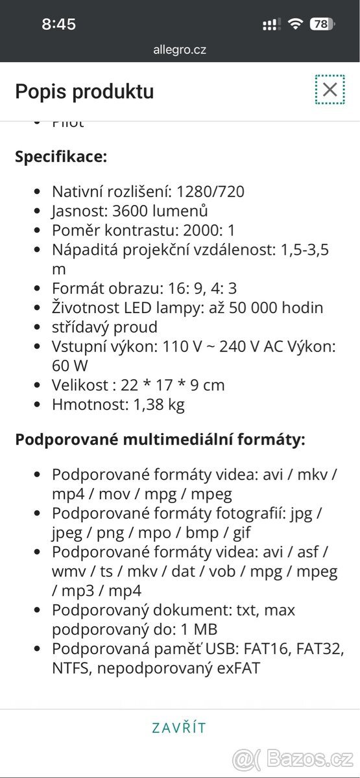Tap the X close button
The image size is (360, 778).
(330, 89)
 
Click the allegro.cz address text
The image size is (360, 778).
(180, 49)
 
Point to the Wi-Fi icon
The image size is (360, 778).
(295, 25)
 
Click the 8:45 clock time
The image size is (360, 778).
(58, 25)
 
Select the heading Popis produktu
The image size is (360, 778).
(84, 91)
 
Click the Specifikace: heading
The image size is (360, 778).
(61, 157)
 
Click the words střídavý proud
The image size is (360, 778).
(104, 327)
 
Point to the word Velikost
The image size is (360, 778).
(79, 385)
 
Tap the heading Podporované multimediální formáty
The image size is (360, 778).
(160, 440)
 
